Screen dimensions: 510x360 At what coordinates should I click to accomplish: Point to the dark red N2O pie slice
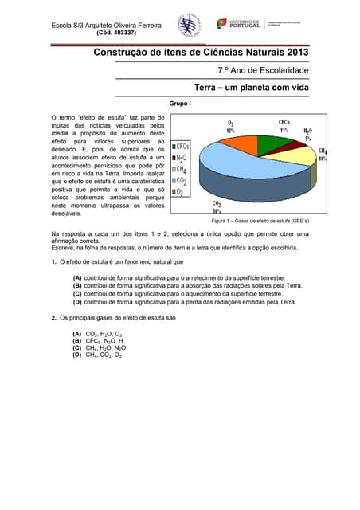pos(289,144)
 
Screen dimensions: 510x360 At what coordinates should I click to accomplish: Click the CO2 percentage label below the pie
pos(217,206)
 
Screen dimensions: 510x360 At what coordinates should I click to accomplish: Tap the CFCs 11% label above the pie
pos(284,125)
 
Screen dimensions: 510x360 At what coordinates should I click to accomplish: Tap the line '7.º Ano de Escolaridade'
pos(263,71)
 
